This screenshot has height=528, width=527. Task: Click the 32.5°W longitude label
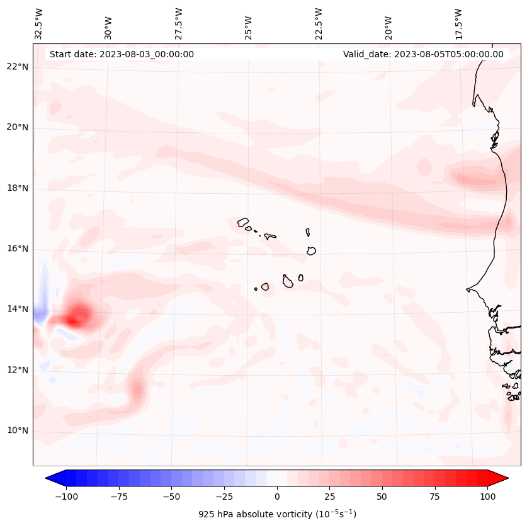coord(40,24)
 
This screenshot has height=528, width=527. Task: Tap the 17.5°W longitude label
coord(459,24)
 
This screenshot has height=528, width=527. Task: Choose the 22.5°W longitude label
coord(319,24)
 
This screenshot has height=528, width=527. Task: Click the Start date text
coord(122,54)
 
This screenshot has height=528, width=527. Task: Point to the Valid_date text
coord(423,54)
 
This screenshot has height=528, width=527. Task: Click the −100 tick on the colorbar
coord(66,497)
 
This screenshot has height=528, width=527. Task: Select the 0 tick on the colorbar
coord(277,497)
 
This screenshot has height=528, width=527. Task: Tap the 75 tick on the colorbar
coord(434,497)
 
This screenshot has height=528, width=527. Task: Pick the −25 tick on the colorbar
coord(224,497)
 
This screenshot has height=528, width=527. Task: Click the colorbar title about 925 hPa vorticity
coord(277,514)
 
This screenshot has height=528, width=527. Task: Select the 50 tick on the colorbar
coord(382,497)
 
